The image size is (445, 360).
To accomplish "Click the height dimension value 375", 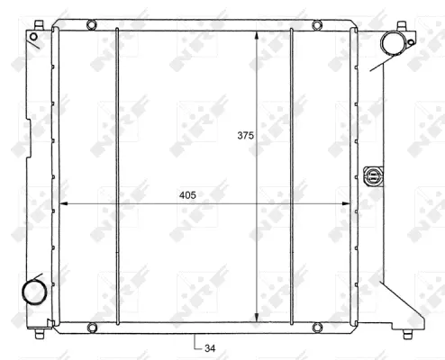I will coord(246,136).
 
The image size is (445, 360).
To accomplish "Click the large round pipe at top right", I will coord(394,42).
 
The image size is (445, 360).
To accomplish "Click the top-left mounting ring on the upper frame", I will coord(90,24).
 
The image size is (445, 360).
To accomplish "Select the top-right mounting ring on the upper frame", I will coord(316,24).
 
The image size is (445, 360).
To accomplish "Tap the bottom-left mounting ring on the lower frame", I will coord(90,327).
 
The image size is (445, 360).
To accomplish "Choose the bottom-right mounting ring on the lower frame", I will coord(316,327).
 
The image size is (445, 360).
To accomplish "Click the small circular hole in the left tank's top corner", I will coord(33,38).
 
